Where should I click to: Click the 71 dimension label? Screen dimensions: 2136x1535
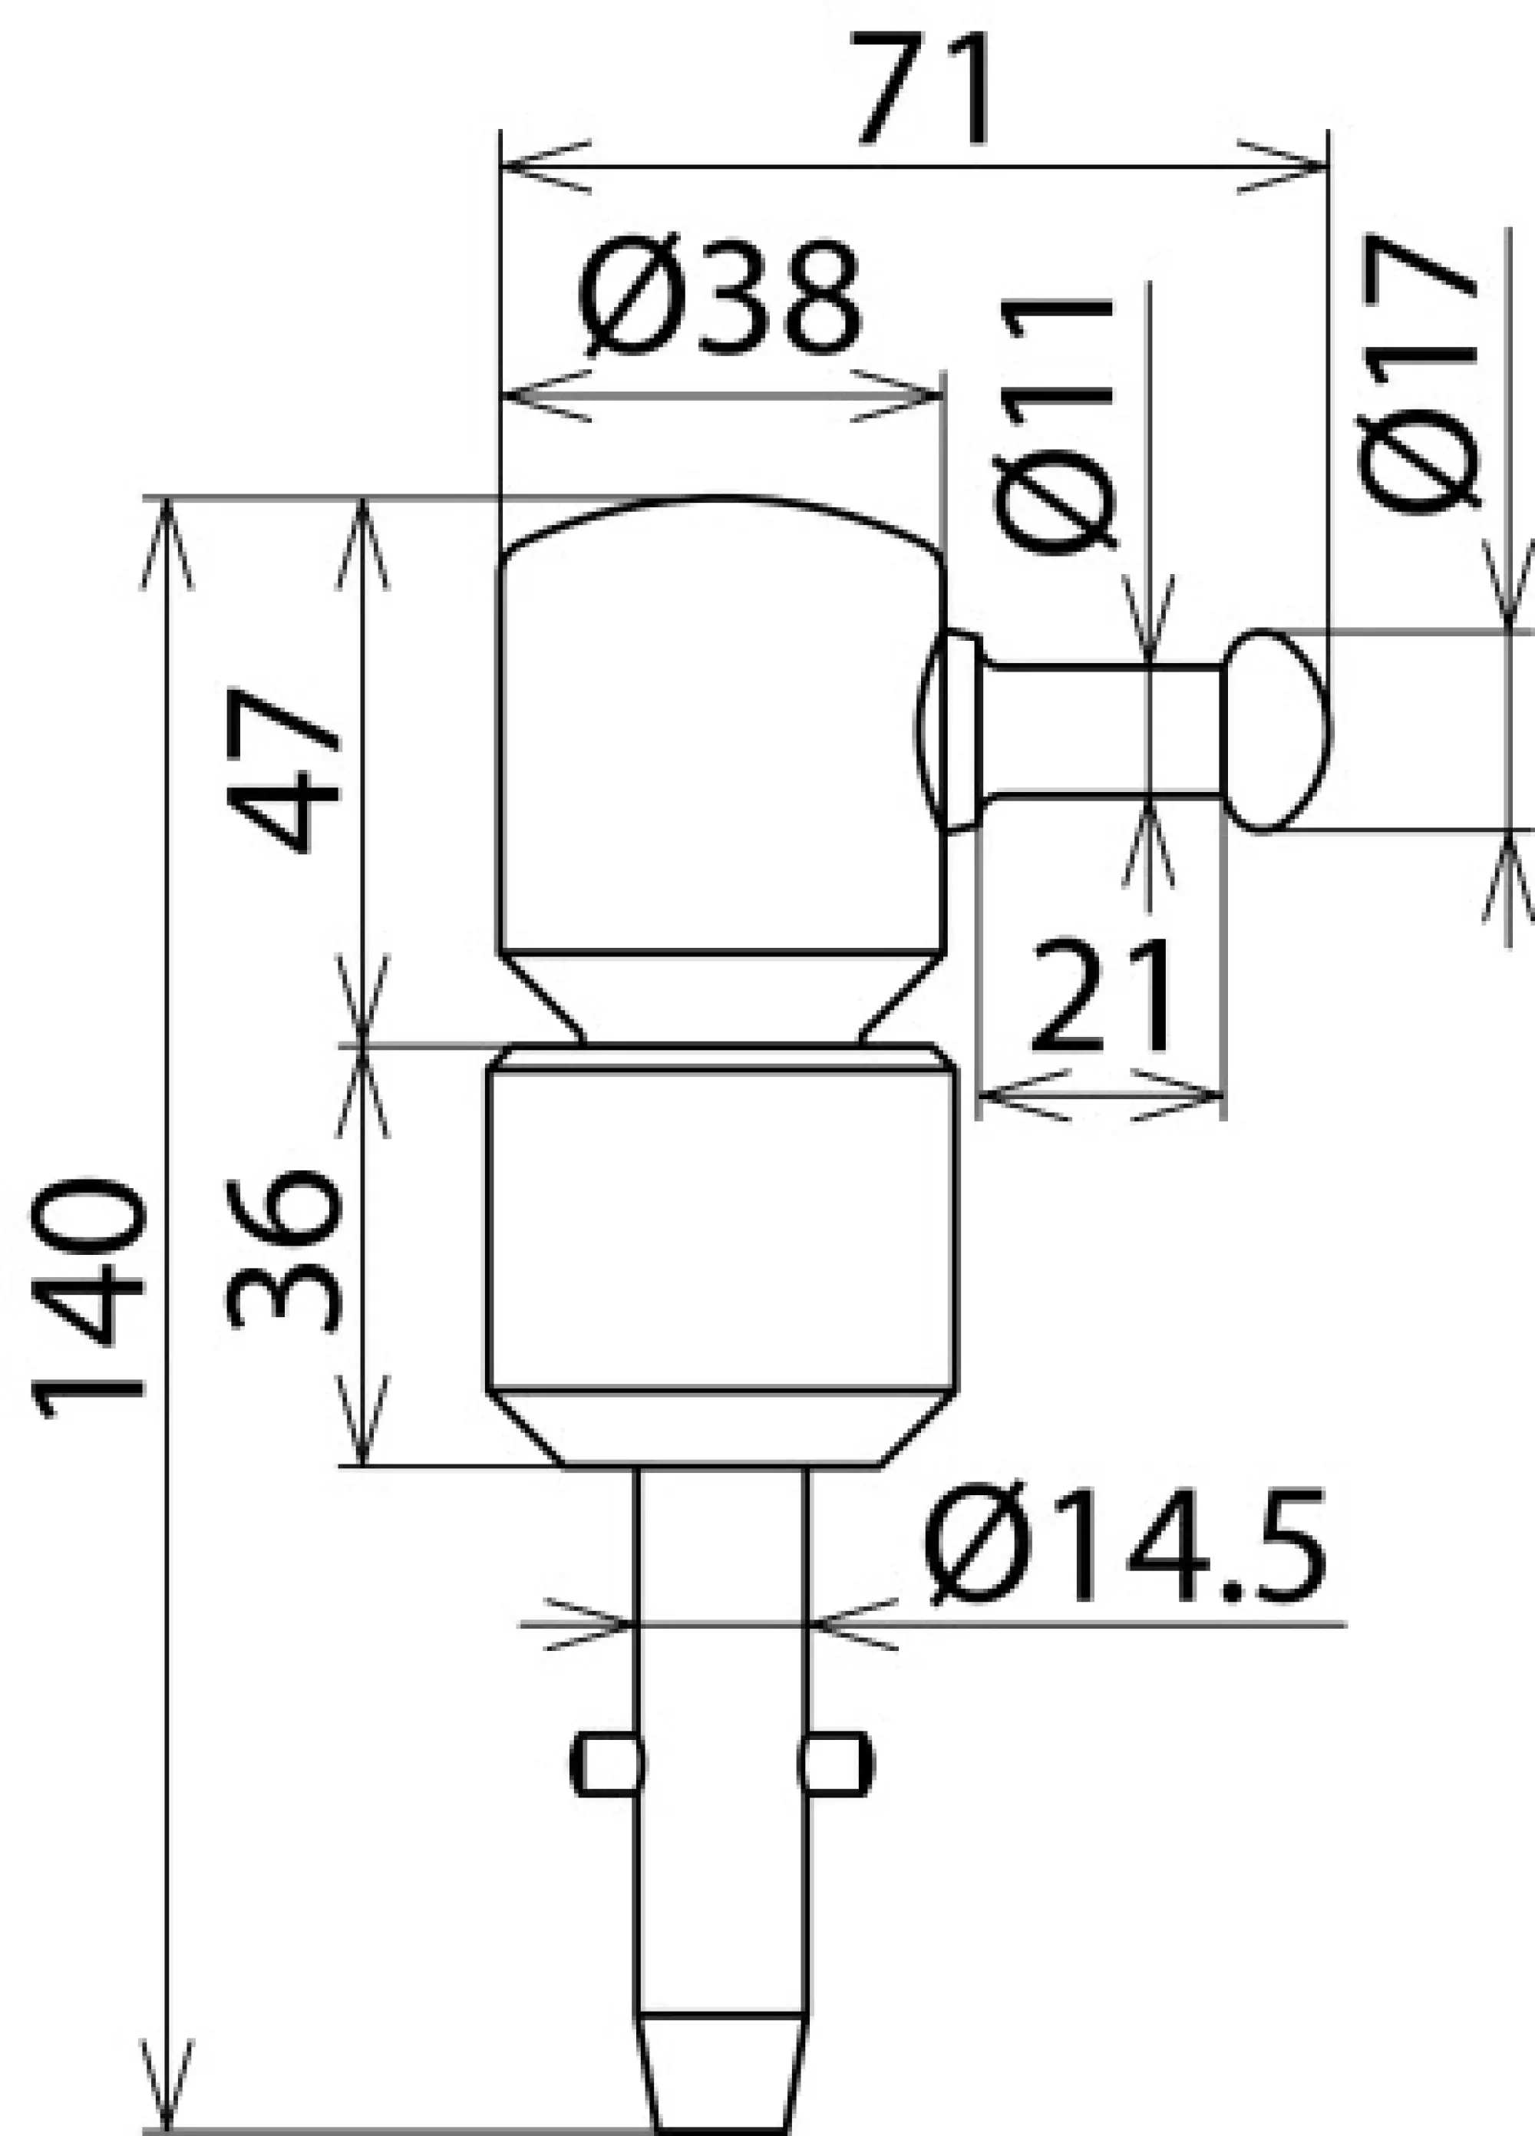tap(923, 91)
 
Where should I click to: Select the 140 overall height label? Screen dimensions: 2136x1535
tap(90, 1299)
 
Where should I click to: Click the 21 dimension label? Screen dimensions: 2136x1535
tap(1102, 996)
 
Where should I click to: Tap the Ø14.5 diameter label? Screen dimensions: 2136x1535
tap(1125, 1544)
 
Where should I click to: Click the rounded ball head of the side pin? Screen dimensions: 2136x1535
tap(1278, 731)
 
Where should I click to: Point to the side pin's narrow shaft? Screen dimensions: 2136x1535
tap(1102, 729)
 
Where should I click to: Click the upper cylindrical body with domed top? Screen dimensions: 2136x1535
tap(721, 744)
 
